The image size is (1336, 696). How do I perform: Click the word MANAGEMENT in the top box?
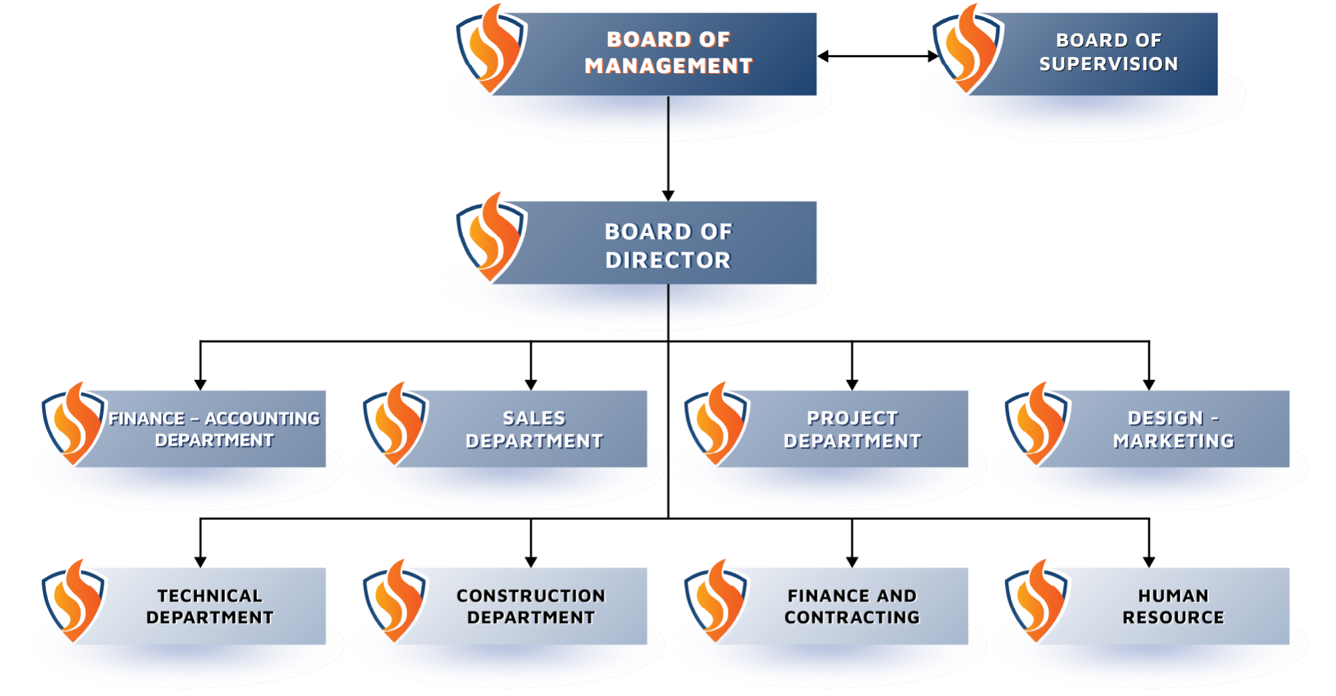[668, 65]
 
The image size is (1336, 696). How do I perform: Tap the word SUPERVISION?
[1108, 64]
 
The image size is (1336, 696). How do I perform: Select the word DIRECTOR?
[668, 260]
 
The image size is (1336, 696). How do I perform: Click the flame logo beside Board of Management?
[491, 49]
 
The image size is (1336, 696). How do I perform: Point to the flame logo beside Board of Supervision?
[968, 49]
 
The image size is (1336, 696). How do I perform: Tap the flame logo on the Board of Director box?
[491, 237]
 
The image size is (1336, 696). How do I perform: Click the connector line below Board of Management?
[668, 118]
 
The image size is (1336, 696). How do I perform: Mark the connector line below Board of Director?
[668, 307]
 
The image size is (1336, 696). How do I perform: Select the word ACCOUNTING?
[262, 419]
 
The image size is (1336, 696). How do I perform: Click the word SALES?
[534, 418]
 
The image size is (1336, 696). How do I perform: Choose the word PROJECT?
[852, 418]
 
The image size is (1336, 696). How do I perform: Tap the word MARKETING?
[1173, 441]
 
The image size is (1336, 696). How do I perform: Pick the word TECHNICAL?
[209, 596]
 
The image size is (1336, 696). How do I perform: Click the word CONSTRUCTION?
[531, 596]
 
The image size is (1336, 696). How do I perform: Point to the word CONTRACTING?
[852, 617]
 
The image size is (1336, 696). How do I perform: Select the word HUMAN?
[1173, 596]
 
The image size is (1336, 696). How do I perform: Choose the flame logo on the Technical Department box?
[74, 601]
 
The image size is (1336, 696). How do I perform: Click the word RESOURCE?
[1173, 617]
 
